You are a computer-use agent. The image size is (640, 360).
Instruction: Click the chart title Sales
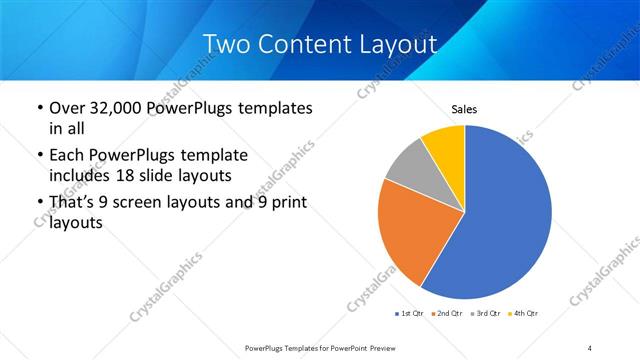click(465, 108)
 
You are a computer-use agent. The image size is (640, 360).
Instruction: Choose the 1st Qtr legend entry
click(409, 314)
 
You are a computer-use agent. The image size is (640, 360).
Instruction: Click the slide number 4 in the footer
click(590, 346)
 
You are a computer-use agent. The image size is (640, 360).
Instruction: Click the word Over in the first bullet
click(68, 108)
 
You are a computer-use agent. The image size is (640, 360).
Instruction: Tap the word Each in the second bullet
click(68, 156)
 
